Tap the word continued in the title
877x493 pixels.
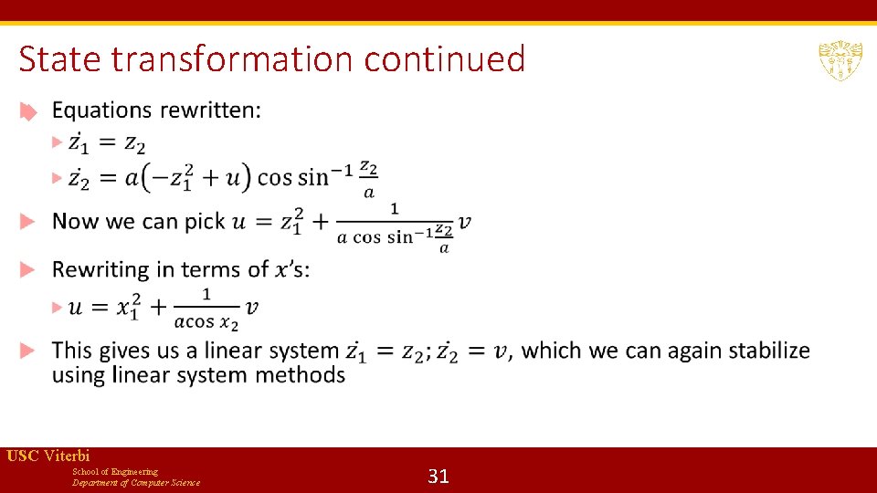pos(445,59)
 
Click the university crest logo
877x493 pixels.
pos(840,60)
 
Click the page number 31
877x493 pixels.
pos(438,476)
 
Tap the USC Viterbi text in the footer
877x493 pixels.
pos(48,456)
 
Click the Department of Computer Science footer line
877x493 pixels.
pos(136,483)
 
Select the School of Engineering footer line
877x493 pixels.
pos(115,471)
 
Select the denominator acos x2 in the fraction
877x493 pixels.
pos(206,321)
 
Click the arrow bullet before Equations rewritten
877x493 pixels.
pos(28,111)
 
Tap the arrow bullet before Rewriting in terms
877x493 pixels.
pos(28,270)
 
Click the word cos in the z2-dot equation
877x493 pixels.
pos(273,176)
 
